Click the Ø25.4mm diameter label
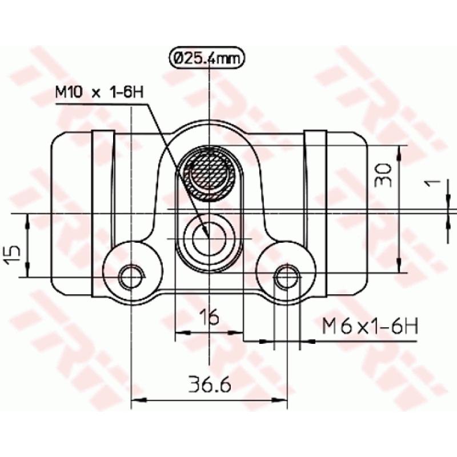[207, 58]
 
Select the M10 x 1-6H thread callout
[98, 92]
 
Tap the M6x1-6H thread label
[370, 326]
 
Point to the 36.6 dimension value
[209, 386]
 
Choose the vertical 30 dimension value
[384, 175]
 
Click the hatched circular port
[208, 172]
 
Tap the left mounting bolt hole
[131, 278]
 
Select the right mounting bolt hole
[287, 278]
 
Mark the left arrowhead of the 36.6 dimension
[138, 399]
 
